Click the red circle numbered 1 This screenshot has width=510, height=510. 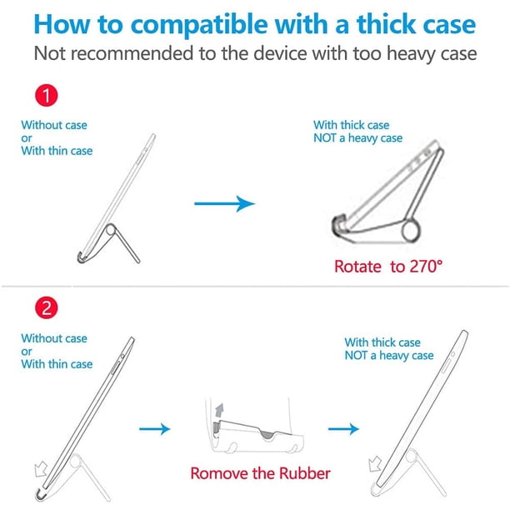point(46,96)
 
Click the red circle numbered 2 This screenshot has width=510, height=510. point(46,307)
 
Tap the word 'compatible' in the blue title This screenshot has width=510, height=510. point(199,25)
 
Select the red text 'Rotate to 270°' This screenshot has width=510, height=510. point(388,267)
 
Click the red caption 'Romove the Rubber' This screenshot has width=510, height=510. point(260,473)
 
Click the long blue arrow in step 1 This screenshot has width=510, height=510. point(224,203)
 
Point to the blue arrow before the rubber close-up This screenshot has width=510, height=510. point(154,429)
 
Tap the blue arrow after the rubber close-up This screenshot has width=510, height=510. point(343,429)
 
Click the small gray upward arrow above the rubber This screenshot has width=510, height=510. point(220,410)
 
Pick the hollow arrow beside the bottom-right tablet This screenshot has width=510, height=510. point(375,463)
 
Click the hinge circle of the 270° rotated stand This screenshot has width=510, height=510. point(410,231)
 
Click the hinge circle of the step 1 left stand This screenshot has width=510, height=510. point(111,230)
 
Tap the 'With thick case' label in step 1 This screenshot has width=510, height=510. point(352,125)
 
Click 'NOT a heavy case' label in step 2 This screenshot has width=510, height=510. point(389,356)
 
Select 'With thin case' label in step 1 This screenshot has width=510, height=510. point(57,151)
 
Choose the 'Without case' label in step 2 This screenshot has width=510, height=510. point(54,338)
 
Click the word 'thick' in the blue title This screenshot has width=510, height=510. point(384,24)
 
